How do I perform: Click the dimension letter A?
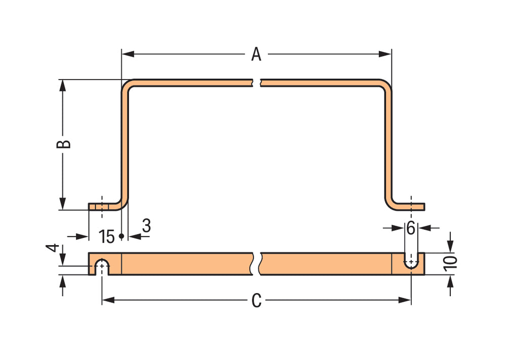coord(257,54)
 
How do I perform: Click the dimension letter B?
coord(63,144)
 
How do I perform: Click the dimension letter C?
coord(257,301)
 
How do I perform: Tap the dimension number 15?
coord(107,236)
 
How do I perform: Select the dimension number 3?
coord(146,226)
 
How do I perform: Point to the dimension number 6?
coord(411,228)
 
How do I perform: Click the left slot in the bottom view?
coord(102,267)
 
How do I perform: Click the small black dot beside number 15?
coord(121,236)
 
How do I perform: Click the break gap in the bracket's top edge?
coord(258,83)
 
